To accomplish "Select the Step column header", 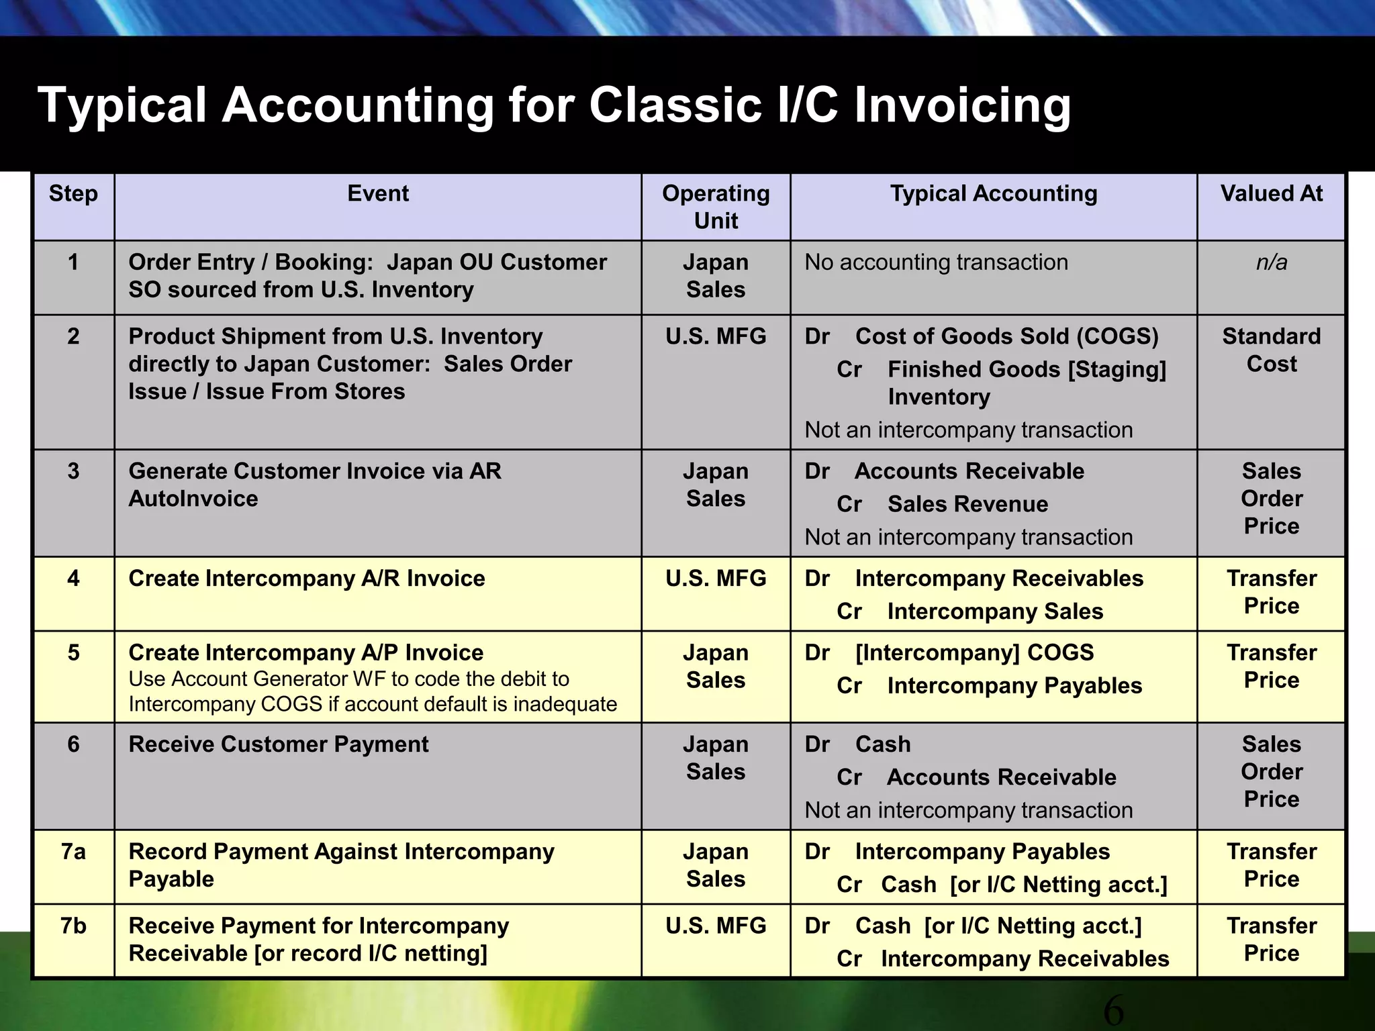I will tap(73, 194).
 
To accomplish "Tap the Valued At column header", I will tap(1271, 194).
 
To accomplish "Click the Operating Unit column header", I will tap(716, 207).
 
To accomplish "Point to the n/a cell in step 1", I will tap(1271, 262).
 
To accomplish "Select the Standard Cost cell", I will tap(1271, 350).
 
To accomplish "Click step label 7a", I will tap(73, 852).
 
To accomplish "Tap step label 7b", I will tap(73, 926).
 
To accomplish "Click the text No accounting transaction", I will tap(936, 262).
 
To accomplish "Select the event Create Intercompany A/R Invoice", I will tap(307, 579).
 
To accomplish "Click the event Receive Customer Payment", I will tap(279, 744).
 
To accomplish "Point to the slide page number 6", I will tap(1113, 1010).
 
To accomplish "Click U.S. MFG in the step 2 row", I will tap(716, 336).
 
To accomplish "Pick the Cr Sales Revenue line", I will tap(943, 504).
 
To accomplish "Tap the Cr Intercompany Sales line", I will tap(970, 611).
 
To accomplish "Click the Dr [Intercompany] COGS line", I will tap(949, 652).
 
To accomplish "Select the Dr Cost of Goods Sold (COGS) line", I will tap(982, 336).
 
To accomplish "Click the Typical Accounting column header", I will tap(994, 194).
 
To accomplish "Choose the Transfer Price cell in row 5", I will tap(1271, 667).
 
